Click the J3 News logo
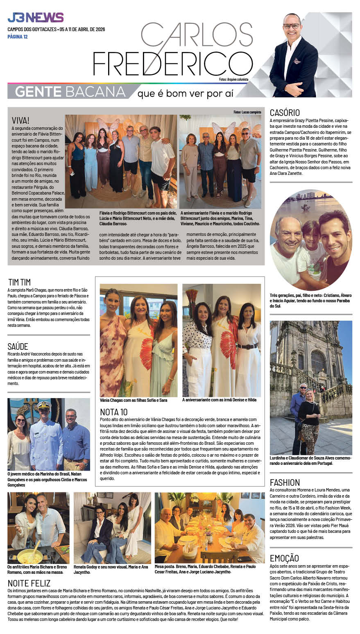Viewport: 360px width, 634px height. click(x=35, y=18)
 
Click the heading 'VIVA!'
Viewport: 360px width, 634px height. click(x=20, y=120)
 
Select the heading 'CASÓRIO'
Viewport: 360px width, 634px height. click(x=285, y=113)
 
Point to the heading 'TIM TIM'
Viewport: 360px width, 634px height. click(x=19, y=282)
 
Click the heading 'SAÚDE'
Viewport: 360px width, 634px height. click(x=18, y=346)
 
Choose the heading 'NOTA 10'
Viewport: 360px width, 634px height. click(x=114, y=412)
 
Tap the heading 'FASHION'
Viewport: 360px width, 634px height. click(x=285, y=482)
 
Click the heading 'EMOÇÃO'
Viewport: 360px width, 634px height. click(x=284, y=558)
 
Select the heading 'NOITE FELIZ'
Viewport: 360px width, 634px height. click(x=29, y=583)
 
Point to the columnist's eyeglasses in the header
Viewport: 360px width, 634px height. click(x=292, y=26)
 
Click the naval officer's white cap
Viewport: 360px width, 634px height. click(x=43, y=405)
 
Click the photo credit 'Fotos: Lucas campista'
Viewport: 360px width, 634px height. click(x=247, y=112)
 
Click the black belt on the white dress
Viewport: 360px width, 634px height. click(x=247, y=346)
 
